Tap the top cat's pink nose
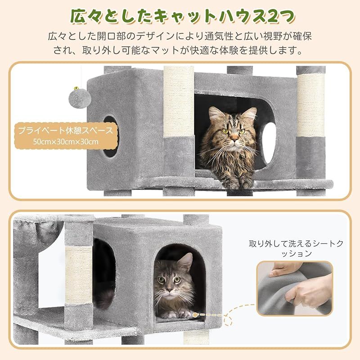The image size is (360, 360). pyautogui.click(x=234, y=138)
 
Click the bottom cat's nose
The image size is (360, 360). pyautogui.click(x=170, y=289)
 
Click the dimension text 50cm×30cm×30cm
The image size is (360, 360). pyautogui.click(x=66, y=141)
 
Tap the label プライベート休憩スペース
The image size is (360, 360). pyautogui.click(x=66, y=130)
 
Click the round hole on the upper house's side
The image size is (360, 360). pyautogui.click(x=111, y=137)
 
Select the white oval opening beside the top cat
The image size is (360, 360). pyautogui.click(x=269, y=142)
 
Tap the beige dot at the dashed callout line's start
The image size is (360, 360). pyautogui.click(x=195, y=315)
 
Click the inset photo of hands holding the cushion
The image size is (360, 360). pyautogui.click(x=295, y=288)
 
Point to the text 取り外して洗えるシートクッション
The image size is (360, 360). pyautogui.click(x=296, y=248)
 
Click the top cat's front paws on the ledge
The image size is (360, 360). pyautogui.click(x=239, y=183)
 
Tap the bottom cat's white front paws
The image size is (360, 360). pyautogui.click(x=177, y=313)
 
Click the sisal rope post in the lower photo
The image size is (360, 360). pyautogui.click(x=79, y=275)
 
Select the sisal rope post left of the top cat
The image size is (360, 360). pyautogui.click(x=179, y=102)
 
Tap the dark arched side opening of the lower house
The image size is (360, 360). pyautogui.click(x=104, y=273)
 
